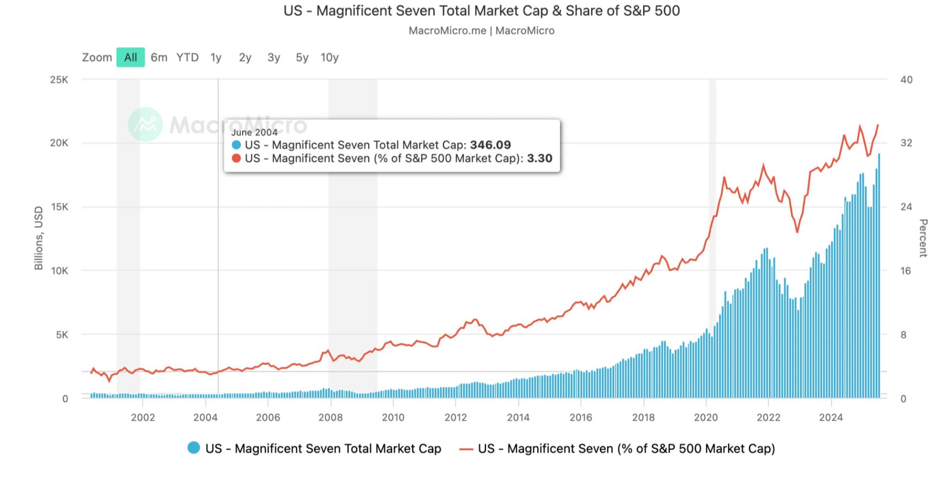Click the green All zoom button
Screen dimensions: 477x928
pos(130,58)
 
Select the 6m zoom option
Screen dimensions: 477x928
pos(159,58)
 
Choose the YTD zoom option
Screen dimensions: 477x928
pos(188,58)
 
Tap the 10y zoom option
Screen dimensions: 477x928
pos(330,58)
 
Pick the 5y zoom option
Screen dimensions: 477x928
pos(302,58)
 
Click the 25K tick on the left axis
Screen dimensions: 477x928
pos(59,80)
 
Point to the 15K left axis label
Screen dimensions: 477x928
pos(59,207)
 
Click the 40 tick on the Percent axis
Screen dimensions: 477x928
pos(906,80)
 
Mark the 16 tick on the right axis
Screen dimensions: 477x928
pos(905,271)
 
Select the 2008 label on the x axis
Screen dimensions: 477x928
pos(331,417)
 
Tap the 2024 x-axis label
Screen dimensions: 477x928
pos(831,417)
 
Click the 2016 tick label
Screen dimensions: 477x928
pos(580,417)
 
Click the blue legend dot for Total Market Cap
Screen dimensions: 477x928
pos(194,448)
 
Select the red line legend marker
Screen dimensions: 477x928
pos(466,449)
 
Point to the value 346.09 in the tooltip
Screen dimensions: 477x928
pos(490,145)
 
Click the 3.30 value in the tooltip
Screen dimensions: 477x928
pos(539,159)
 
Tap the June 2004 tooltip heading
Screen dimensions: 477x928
pos(254,132)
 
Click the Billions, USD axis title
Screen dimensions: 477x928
pos(39,238)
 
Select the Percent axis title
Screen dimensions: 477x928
pos(923,238)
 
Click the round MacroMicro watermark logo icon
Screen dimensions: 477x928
pos(145,124)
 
